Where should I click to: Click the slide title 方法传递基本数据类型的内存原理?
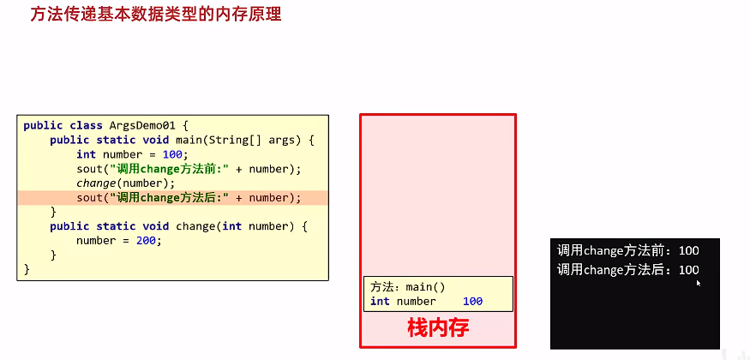click(155, 15)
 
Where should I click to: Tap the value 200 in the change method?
click(149, 241)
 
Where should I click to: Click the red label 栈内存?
click(438, 328)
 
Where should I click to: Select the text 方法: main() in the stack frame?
click(408, 288)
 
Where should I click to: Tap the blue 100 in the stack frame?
click(472, 302)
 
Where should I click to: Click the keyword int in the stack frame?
click(380, 302)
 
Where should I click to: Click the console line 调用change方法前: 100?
click(628, 251)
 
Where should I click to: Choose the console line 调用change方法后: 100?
click(628, 270)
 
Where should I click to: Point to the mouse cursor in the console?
click(699, 281)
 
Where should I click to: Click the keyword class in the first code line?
click(81, 125)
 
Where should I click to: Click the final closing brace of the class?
click(27, 269)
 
